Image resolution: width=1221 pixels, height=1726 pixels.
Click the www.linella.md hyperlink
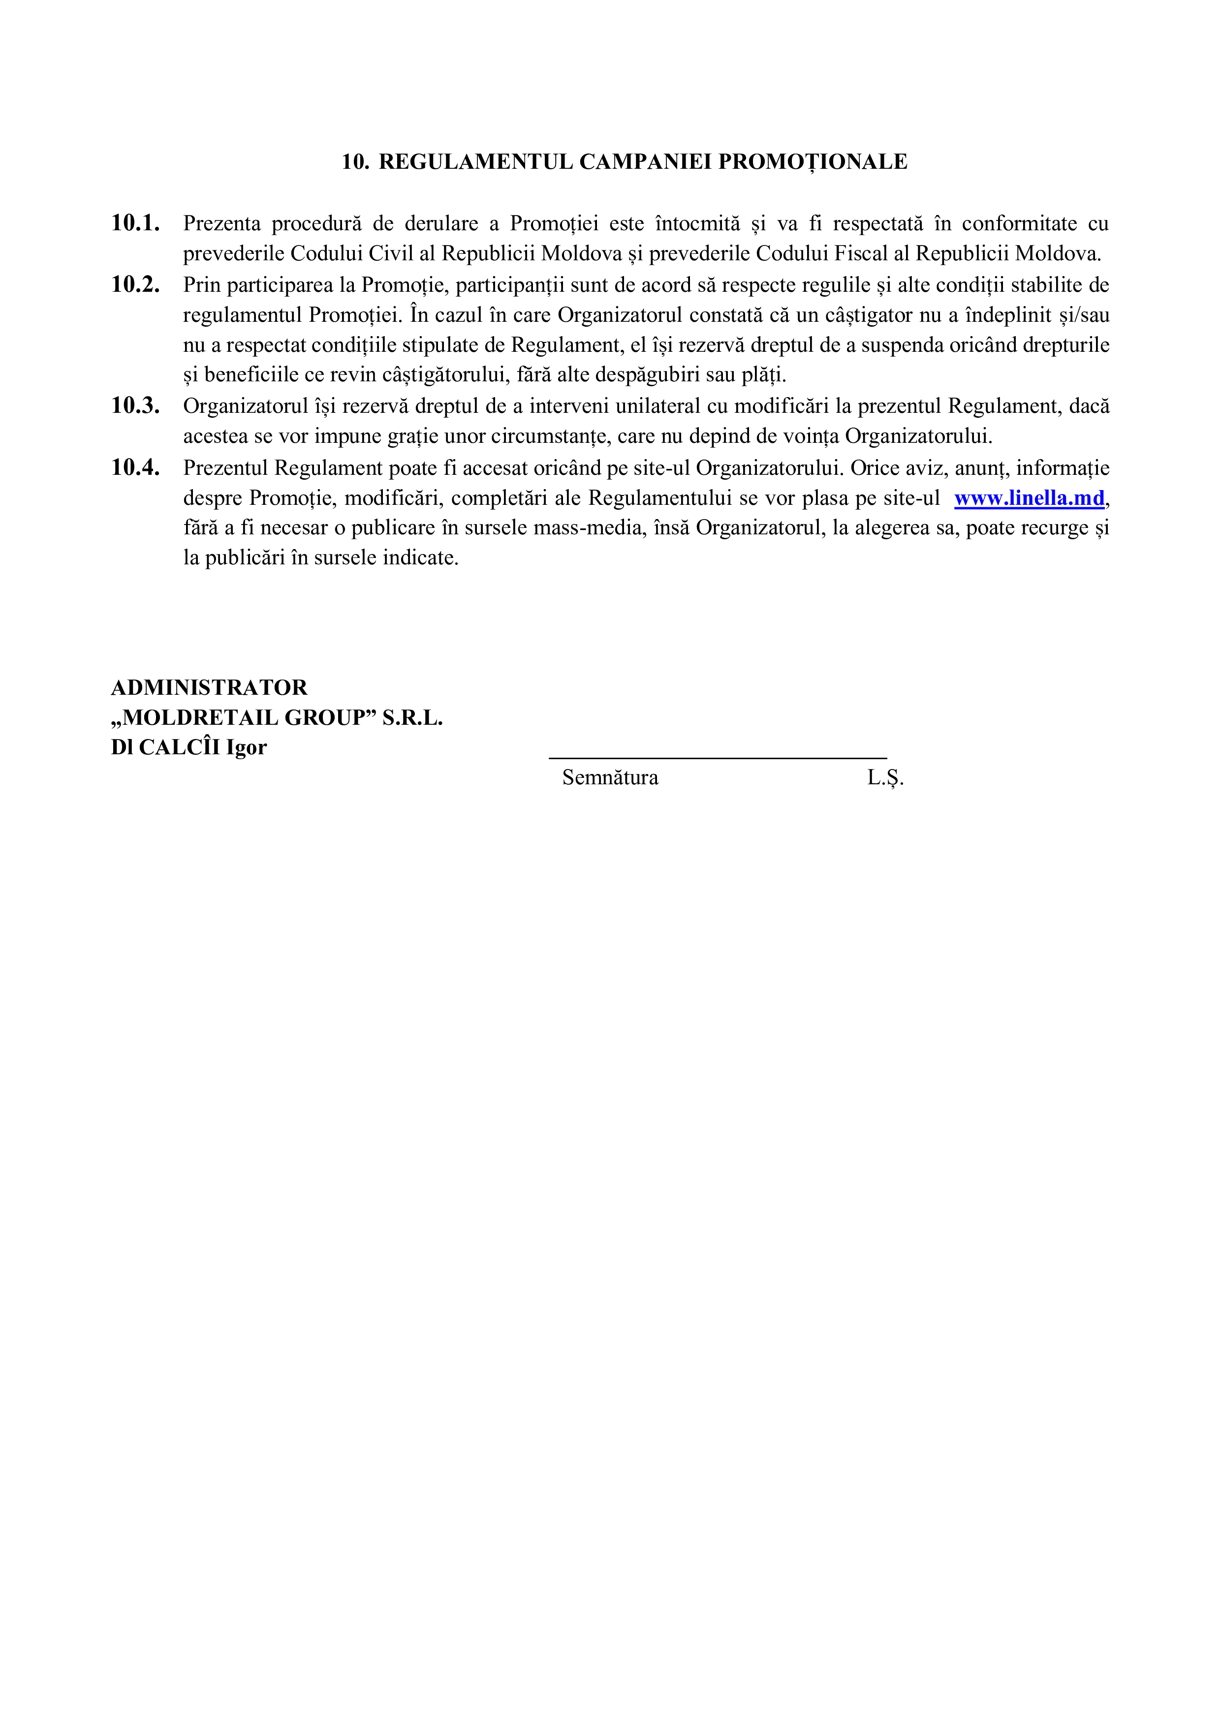[1029, 498]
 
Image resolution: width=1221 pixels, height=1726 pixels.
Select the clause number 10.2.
[135, 284]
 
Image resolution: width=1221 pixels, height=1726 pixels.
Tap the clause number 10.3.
[135, 406]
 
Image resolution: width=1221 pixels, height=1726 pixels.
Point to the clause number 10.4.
[135, 467]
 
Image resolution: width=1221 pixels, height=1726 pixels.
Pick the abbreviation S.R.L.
[412, 718]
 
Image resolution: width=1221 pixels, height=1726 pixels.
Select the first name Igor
[247, 748]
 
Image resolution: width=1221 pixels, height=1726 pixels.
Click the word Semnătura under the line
[610, 778]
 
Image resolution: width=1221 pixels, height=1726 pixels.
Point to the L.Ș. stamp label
[885, 778]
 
